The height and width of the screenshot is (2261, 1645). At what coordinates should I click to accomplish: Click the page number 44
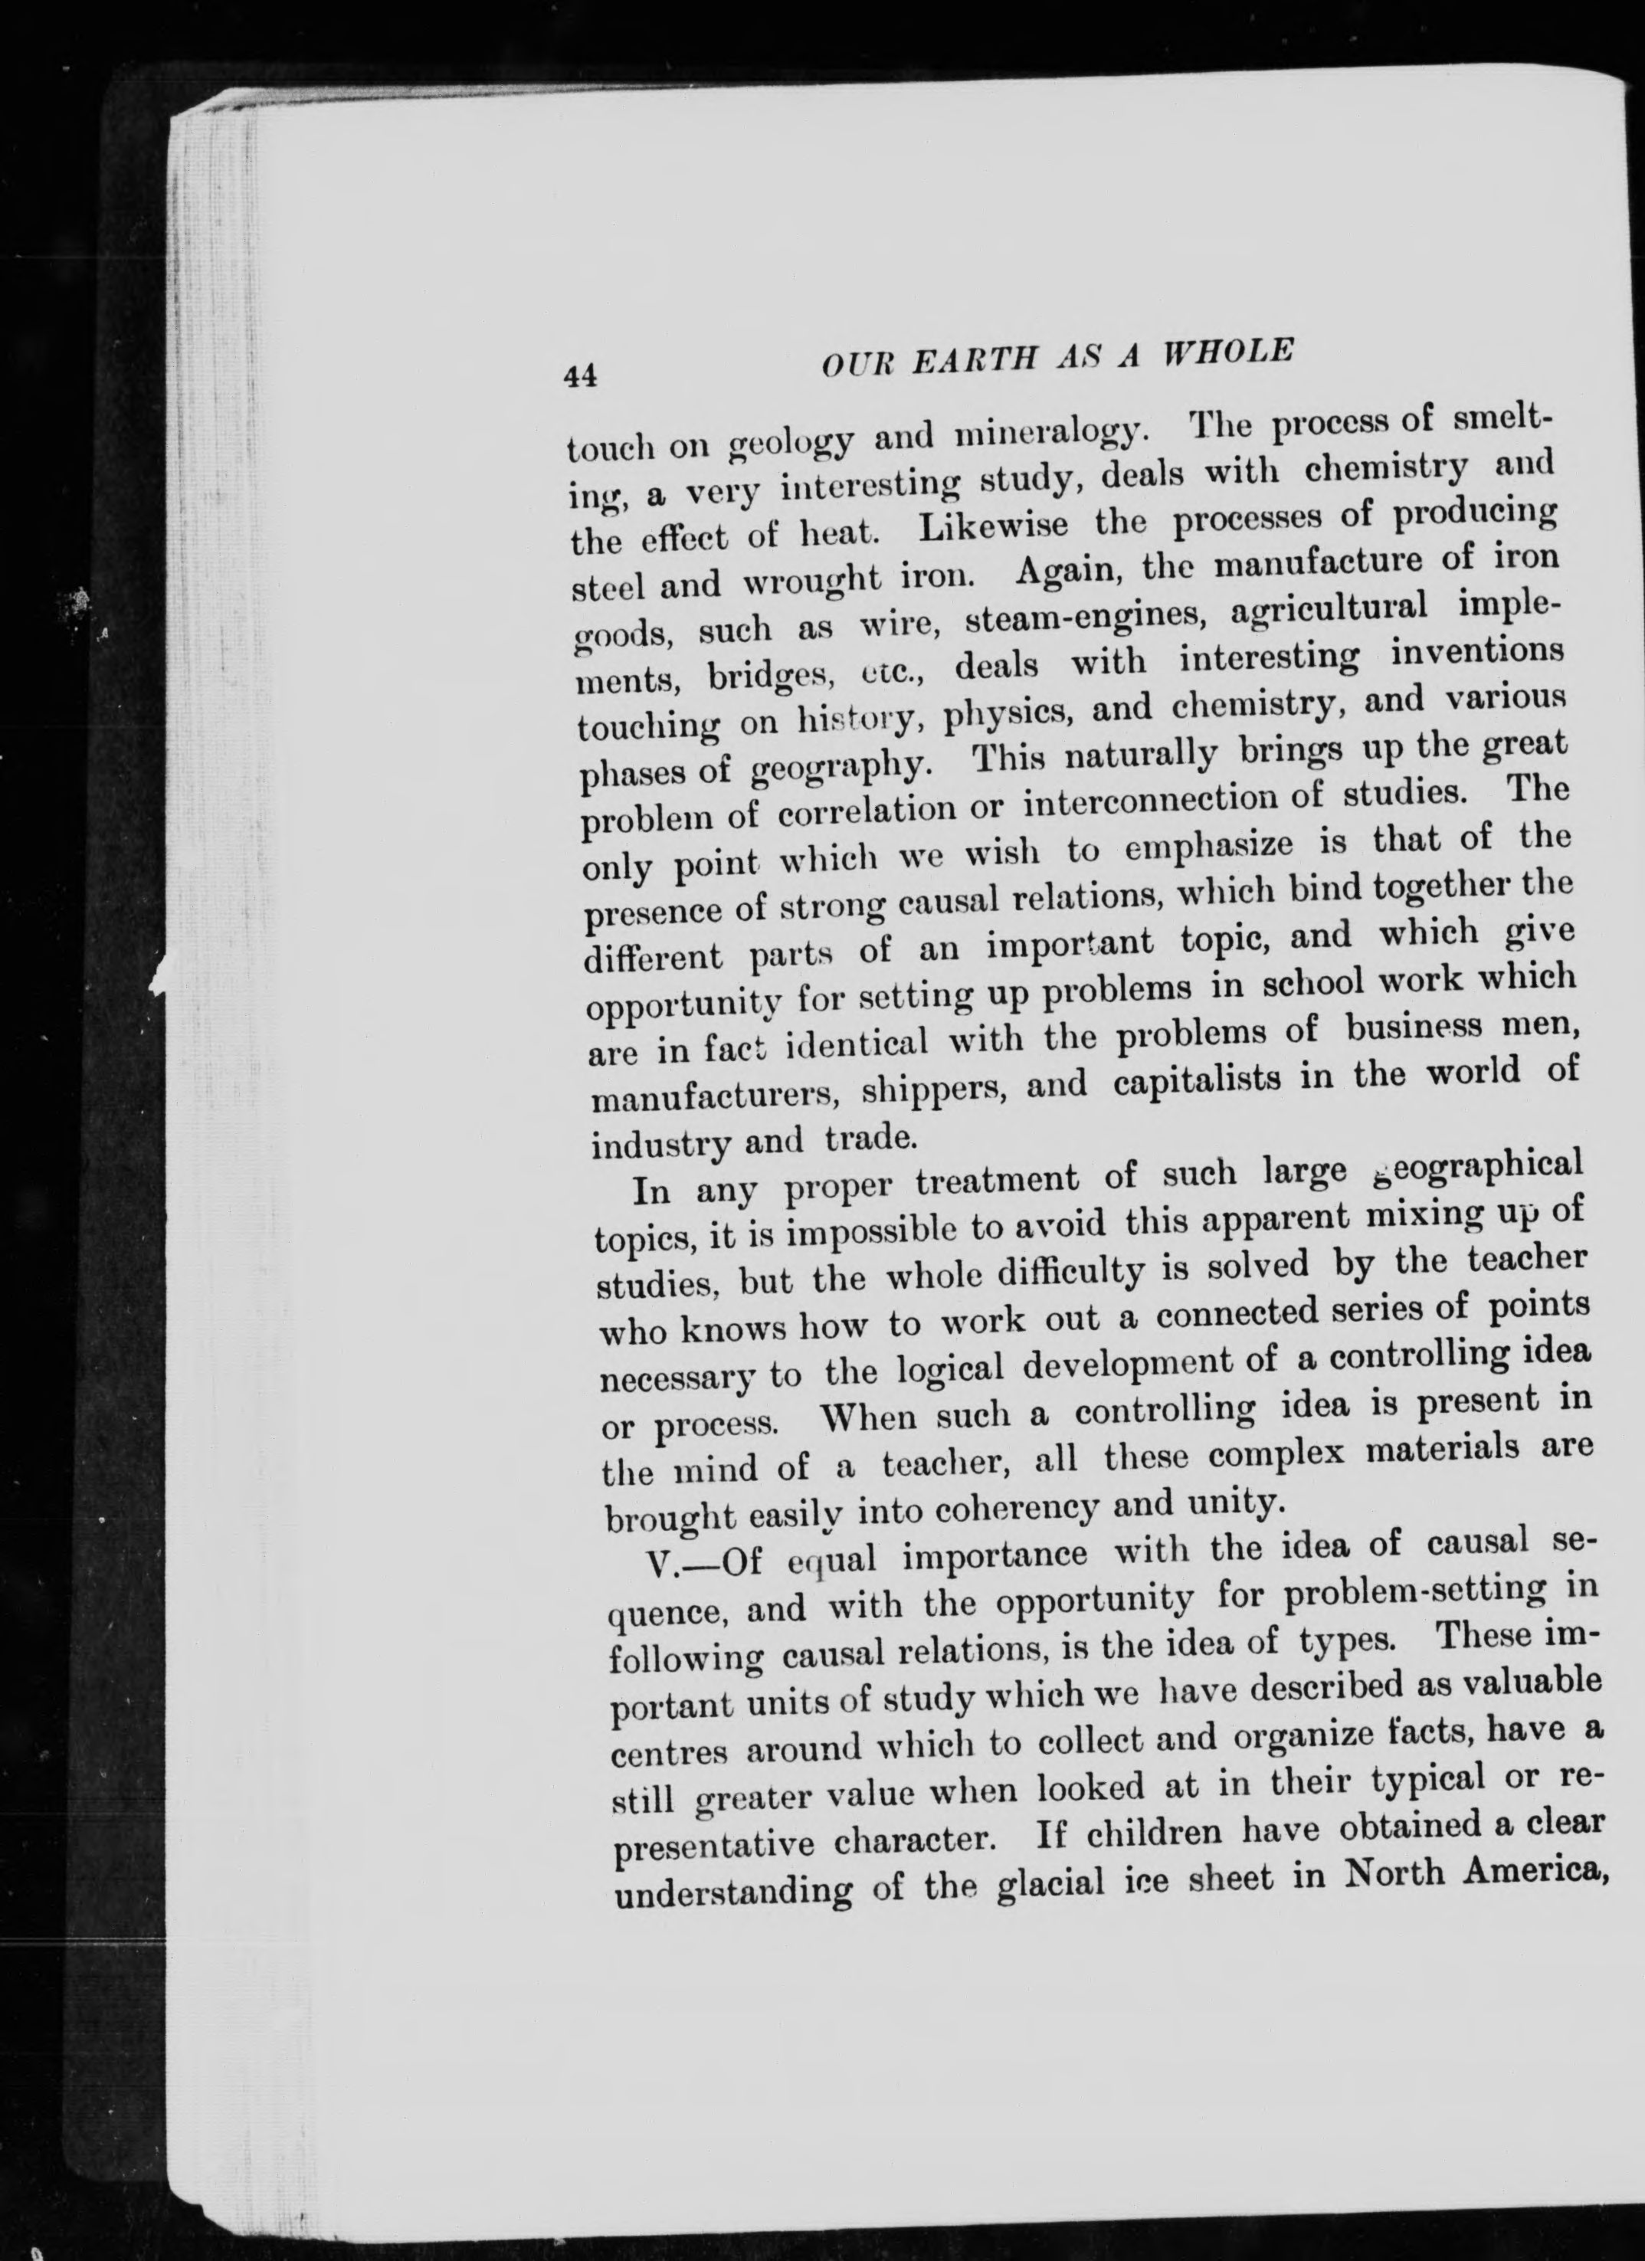tap(579, 376)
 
